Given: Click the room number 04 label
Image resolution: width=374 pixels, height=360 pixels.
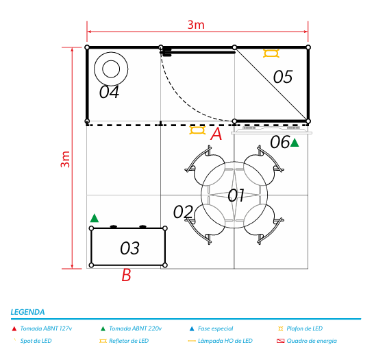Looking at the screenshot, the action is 109,92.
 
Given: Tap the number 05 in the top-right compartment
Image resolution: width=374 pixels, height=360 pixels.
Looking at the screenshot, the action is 283,77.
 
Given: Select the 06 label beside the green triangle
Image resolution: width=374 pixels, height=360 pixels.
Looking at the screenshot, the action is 280,142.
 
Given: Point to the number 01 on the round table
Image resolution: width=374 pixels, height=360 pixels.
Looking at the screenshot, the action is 236,195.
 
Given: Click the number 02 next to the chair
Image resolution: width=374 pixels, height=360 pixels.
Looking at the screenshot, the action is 183,211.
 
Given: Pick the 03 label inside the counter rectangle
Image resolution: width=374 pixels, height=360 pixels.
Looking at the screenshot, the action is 129,248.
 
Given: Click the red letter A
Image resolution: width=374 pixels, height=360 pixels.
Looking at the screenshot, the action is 216,134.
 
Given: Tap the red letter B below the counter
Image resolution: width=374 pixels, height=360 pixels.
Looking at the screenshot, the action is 126,275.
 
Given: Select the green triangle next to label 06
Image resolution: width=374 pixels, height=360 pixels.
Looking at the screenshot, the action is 295,143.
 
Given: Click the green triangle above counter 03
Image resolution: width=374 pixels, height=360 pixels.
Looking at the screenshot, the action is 95,218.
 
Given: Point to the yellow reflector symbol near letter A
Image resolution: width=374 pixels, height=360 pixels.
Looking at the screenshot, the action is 197,130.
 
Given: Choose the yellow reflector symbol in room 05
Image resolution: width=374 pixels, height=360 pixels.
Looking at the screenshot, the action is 271,53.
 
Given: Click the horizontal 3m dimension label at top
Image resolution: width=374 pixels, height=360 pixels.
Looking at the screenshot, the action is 196,25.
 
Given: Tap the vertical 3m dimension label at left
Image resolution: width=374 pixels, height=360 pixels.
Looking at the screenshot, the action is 65,159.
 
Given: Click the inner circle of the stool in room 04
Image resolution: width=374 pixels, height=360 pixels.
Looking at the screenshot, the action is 111,69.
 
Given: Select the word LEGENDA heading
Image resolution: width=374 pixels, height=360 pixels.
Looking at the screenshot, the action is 27,312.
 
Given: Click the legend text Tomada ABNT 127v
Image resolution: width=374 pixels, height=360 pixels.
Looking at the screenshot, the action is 46,328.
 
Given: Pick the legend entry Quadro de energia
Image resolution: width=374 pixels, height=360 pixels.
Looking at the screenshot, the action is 312,341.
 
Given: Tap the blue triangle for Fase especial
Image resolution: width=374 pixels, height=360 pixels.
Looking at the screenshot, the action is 192,328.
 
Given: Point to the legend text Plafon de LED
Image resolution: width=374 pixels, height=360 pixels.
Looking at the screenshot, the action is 305,328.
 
